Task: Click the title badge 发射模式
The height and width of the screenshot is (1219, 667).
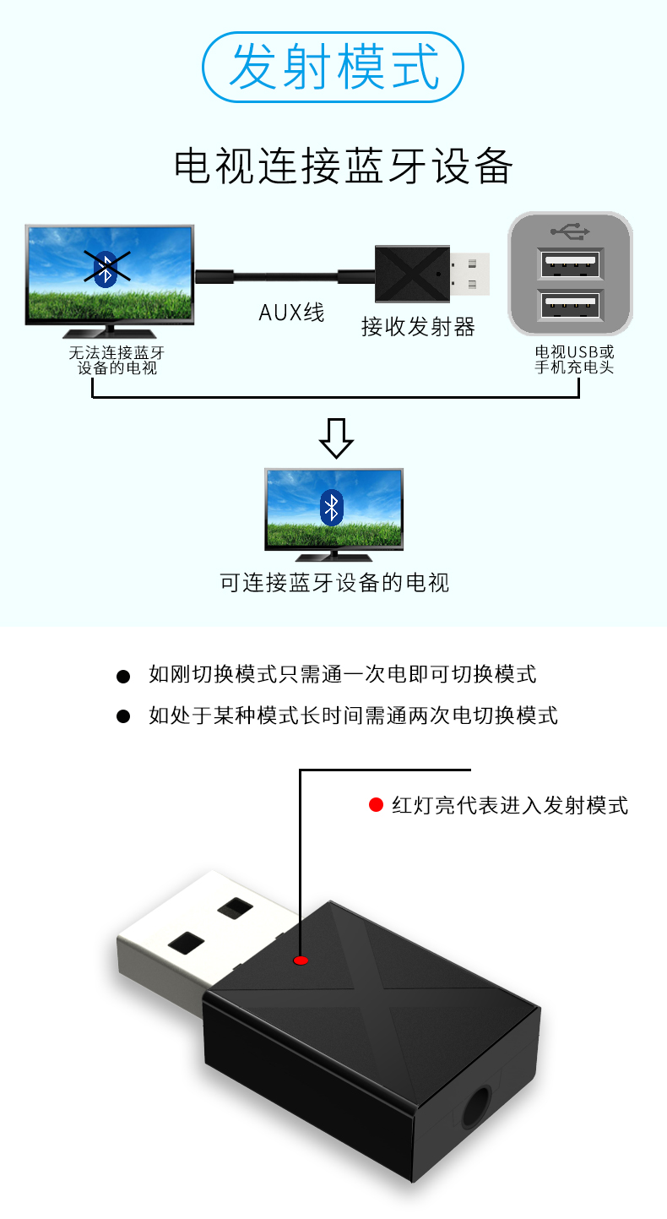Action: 334,67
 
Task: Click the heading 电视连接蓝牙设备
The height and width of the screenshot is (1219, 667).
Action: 343,166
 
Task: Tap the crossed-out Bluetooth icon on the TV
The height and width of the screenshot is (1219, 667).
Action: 106,268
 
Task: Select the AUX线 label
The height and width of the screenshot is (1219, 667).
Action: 291,313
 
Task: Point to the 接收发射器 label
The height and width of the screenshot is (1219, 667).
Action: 418,327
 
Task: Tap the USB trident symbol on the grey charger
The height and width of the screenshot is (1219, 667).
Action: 572,231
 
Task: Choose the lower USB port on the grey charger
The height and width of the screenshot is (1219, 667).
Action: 571,305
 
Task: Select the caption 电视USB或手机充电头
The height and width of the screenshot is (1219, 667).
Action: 574,360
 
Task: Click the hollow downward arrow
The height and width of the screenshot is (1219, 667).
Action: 335,438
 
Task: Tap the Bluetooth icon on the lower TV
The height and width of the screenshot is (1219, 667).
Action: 332,507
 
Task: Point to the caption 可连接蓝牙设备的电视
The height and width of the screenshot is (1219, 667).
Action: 334,583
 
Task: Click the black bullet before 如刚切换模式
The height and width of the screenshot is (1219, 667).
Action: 123,676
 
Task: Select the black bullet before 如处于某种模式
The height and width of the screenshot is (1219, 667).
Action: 123,717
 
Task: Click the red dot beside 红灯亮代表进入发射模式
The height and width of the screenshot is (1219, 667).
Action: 377,805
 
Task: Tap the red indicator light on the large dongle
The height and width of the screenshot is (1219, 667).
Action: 300,961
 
